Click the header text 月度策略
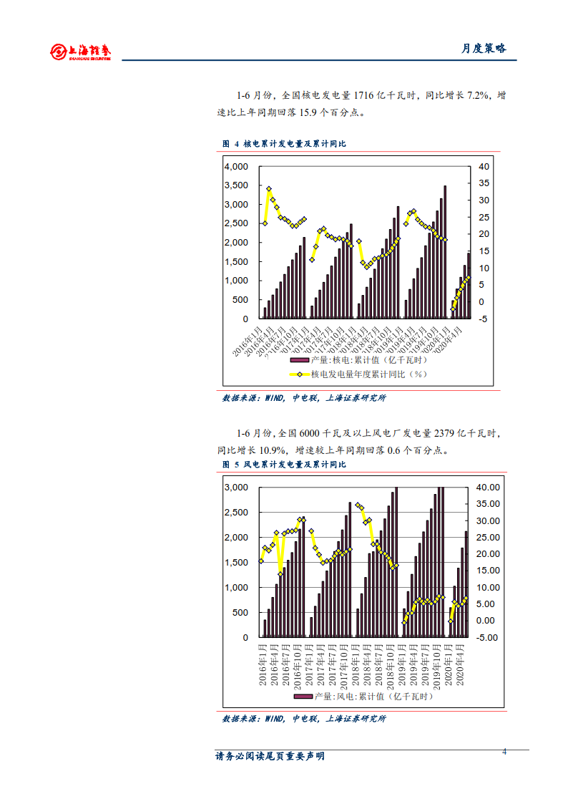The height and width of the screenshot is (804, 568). (x=483, y=48)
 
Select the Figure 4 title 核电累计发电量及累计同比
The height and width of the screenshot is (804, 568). (x=294, y=144)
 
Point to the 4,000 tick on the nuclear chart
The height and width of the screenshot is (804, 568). (x=235, y=166)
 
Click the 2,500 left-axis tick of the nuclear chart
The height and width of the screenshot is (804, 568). (x=235, y=223)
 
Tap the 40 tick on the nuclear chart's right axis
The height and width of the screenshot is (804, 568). (x=484, y=166)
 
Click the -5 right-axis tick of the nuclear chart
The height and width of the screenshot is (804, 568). (x=484, y=319)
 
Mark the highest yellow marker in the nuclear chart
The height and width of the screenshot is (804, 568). (x=269, y=189)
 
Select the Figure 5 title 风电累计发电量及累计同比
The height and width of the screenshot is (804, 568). (x=294, y=465)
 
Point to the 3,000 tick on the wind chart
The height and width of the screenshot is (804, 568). (x=235, y=488)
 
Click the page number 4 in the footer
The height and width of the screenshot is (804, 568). (x=505, y=751)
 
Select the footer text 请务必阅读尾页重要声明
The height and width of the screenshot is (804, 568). (x=270, y=756)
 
